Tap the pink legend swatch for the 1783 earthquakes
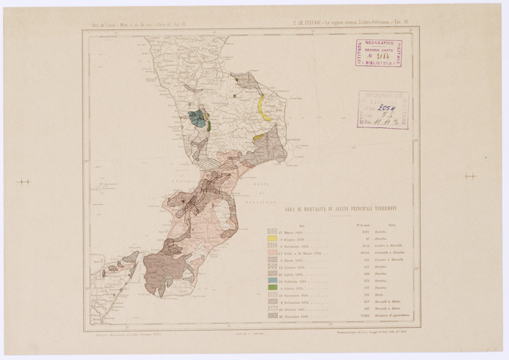tap(272, 252)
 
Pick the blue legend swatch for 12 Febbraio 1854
tap(272, 280)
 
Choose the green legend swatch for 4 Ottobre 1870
tap(272, 288)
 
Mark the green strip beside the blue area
tap(208, 125)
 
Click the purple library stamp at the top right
tap(378, 53)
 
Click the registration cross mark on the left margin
tap(24, 181)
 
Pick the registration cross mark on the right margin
tap(470, 176)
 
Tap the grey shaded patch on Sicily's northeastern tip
tap(130, 258)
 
